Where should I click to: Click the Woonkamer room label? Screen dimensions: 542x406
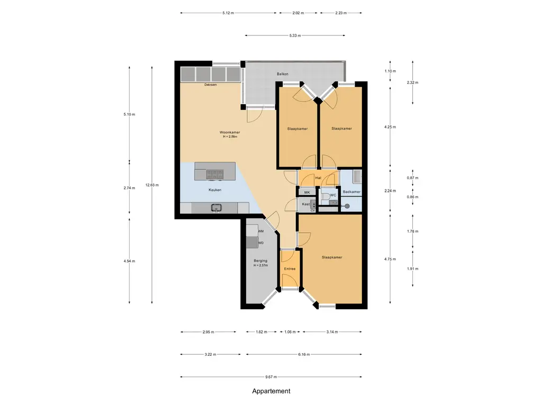tap(230, 132)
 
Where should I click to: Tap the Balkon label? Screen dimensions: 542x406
tap(283, 74)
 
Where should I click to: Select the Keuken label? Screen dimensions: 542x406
tap(215, 190)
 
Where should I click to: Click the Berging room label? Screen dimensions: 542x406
tap(260, 261)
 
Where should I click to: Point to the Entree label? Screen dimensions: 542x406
tap(290, 269)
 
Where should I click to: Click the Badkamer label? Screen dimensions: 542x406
tap(351, 191)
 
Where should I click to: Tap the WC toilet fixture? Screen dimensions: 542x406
tap(326, 197)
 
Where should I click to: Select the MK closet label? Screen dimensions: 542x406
tap(307, 192)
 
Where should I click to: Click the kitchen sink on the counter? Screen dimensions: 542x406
tap(216, 207)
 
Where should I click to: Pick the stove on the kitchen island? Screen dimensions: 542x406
tap(214, 174)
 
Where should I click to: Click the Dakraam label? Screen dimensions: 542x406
tap(211, 85)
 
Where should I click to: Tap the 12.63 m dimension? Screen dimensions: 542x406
tap(152, 185)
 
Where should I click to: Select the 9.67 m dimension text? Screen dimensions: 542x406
tap(271, 377)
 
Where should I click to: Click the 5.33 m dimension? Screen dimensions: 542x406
tap(295, 35)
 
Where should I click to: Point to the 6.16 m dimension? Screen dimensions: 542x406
tap(304, 354)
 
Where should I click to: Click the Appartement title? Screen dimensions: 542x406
tap(271, 391)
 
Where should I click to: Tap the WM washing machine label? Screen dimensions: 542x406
tap(261, 231)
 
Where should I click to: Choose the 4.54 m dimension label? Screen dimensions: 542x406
tap(129, 261)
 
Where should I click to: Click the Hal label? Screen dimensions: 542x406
tap(318, 178)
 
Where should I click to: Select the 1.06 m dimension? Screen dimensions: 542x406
tap(290, 332)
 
